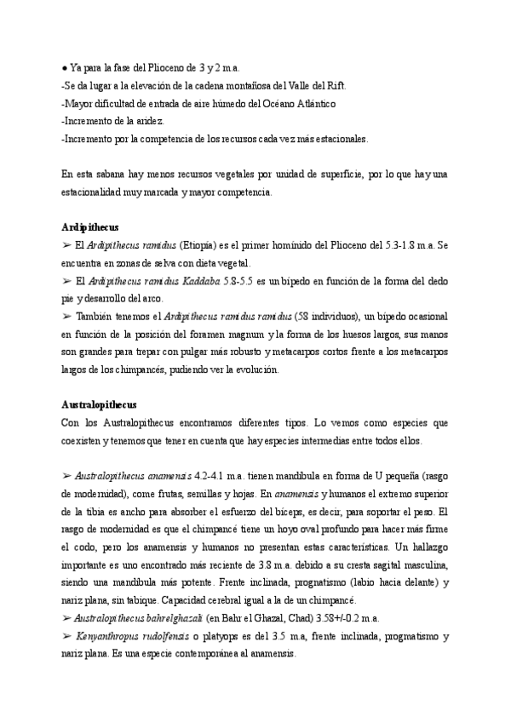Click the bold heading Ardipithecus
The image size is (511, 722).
pyautogui.click(x=90, y=227)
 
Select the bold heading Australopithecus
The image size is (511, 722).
pyautogui.click(x=100, y=404)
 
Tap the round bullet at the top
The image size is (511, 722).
pyautogui.click(x=65, y=67)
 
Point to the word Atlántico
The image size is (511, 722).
pyautogui.click(x=313, y=103)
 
